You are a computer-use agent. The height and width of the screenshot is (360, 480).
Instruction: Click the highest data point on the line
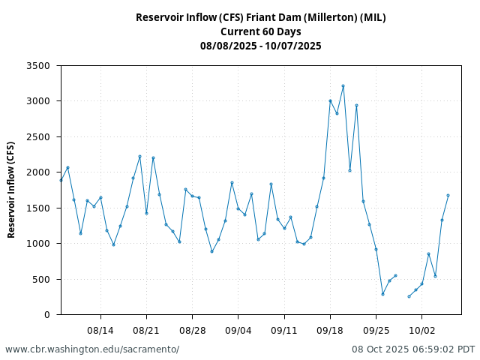pyautogui.click(x=343, y=85)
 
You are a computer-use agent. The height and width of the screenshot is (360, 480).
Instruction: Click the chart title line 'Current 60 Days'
pyautogui.click(x=260, y=31)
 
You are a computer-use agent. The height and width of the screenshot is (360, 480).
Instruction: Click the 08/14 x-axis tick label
pyautogui.click(x=100, y=330)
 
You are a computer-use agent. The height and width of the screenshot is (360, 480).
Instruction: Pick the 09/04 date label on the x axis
pyautogui.click(x=238, y=330)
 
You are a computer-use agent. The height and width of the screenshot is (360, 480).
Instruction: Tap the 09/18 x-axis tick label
pyautogui.click(x=330, y=330)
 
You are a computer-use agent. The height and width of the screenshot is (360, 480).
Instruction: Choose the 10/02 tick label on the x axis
pyautogui.click(x=421, y=330)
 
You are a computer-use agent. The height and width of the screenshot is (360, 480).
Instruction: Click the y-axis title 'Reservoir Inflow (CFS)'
pyautogui.click(x=11, y=190)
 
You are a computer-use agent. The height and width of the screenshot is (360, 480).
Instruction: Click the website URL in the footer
pyautogui.click(x=92, y=349)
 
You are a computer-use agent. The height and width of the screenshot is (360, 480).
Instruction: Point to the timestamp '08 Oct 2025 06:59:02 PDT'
pyautogui.click(x=413, y=349)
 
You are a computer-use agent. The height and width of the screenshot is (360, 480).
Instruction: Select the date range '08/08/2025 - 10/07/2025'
pyautogui.click(x=260, y=46)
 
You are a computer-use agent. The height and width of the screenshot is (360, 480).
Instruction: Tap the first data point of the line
pyautogui.click(x=61, y=180)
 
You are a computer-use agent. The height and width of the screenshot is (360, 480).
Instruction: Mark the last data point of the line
pyautogui.click(x=448, y=195)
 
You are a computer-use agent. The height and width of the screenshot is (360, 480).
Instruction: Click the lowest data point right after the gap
pyautogui.click(x=409, y=296)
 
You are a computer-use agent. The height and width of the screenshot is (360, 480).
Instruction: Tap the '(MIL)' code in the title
pyautogui.click(x=373, y=17)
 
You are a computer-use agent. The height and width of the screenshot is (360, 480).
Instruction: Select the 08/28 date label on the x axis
pyautogui.click(x=193, y=330)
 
